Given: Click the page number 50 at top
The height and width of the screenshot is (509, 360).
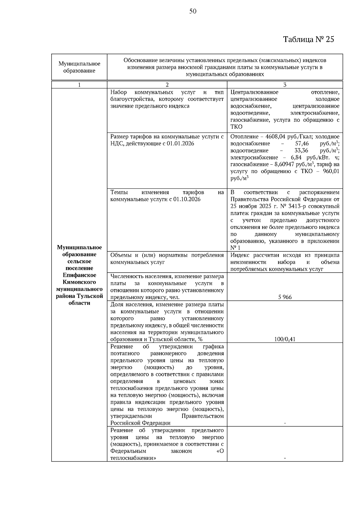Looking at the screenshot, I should coord(193,11).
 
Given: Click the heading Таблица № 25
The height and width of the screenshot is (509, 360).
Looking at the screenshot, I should coord(308,40).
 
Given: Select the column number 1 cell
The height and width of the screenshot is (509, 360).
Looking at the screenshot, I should coord(79,85).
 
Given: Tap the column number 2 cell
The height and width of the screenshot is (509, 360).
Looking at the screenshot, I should coord(167,85).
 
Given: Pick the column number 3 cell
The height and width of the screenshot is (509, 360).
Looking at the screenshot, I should coord(285,85).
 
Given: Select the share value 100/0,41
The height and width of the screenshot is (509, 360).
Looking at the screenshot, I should coord(285,339).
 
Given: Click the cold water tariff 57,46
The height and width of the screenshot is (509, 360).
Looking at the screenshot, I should coord(302,144).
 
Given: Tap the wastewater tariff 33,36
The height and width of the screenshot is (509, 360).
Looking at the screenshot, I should coord(302,151).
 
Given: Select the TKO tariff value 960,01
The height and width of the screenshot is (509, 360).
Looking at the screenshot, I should coord(331,171).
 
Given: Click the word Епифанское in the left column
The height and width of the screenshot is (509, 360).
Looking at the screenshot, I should coord(79,275).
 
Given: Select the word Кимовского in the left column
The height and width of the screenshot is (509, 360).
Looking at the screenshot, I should coord(79,282).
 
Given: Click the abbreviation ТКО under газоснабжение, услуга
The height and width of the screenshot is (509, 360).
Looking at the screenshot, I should coord(236,127).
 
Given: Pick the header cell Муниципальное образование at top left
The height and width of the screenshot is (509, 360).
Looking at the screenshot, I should coord(79,67).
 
